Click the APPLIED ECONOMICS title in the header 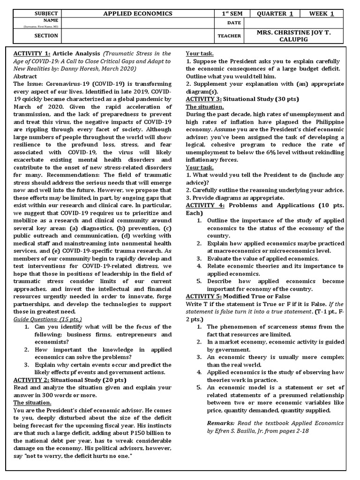tap(138, 14)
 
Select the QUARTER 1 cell tap(275, 14)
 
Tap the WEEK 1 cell tap(322, 14)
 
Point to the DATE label tap(234, 22)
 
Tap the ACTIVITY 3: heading tap(203, 99)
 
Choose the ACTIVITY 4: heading tap(205, 205)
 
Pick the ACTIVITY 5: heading tap(203, 296)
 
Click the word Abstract tap(25, 76)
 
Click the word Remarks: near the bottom tap(221, 423)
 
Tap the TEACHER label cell tap(229, 36)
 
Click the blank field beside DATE tap(294, 22)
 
